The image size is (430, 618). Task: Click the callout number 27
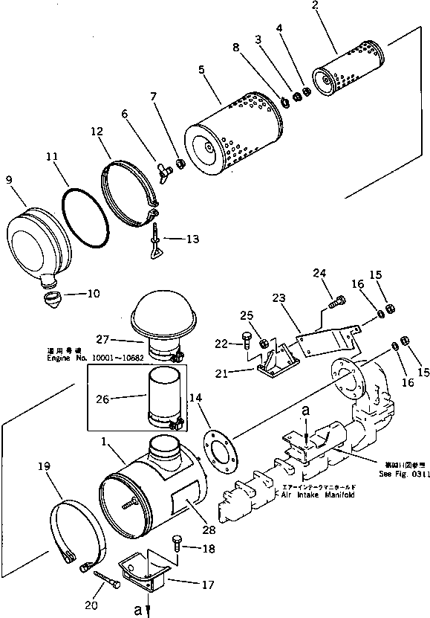pos(102,339)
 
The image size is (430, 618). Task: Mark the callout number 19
pos(43,466)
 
